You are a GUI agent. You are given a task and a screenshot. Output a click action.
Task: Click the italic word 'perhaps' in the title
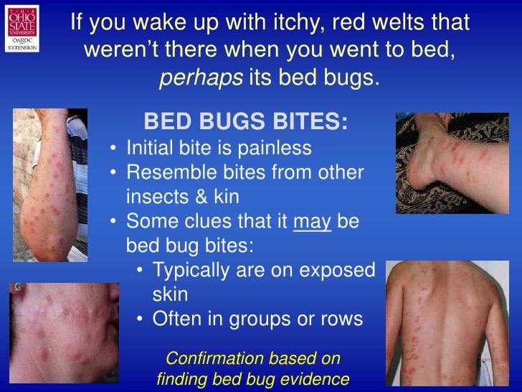coord(200,78)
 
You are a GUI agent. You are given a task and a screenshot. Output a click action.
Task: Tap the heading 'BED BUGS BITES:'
coord(246,121)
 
